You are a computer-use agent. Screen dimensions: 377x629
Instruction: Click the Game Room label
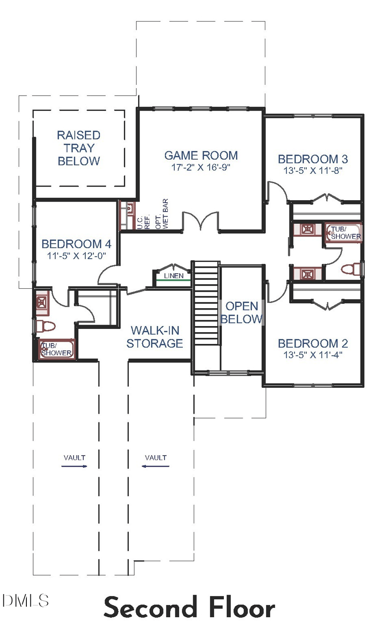(x=201, y=155)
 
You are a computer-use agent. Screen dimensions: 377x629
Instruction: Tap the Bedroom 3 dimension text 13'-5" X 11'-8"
(x=312, y=171)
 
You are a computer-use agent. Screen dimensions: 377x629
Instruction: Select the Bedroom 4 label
(x=76, y=244)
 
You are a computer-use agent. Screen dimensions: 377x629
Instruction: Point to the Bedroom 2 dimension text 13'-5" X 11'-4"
(x=312, y=355)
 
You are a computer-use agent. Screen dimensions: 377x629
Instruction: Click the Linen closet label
(x=173, y=276)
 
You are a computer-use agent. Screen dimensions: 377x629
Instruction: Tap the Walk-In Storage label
(x=155, y=337)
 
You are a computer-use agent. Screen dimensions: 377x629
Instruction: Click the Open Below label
(x=242, y=312)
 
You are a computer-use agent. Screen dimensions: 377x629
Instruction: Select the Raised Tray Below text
(x=79, y=148)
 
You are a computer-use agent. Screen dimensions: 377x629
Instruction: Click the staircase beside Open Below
(x=206, y=303)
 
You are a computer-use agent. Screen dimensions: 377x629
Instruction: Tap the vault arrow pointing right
(x=74, y=466)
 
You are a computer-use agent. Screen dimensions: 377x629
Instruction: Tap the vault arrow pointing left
(x=156, y=466)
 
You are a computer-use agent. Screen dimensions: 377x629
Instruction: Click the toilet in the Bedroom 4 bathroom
(x=46, y=327)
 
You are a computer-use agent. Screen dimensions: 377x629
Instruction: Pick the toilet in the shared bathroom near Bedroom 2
(x=351, y=270)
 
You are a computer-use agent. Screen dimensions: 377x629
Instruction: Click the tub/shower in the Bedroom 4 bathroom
(x=57, y=349)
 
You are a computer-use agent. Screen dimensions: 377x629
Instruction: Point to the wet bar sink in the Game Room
(x=130, y=208)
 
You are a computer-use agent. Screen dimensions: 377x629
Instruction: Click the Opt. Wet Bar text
(x=162, y=214)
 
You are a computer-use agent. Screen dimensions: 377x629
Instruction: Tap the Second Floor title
(x=189, y=608)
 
